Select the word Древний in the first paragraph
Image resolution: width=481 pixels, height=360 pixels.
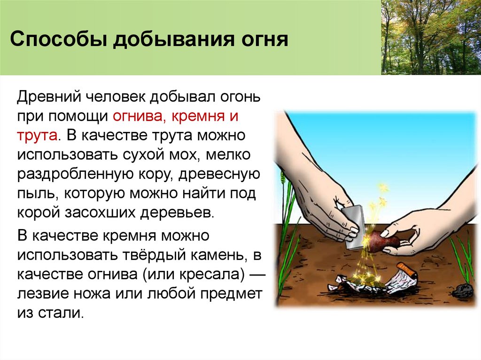tap(48, 97)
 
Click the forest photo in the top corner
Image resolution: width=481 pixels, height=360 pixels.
tap(430, 37)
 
